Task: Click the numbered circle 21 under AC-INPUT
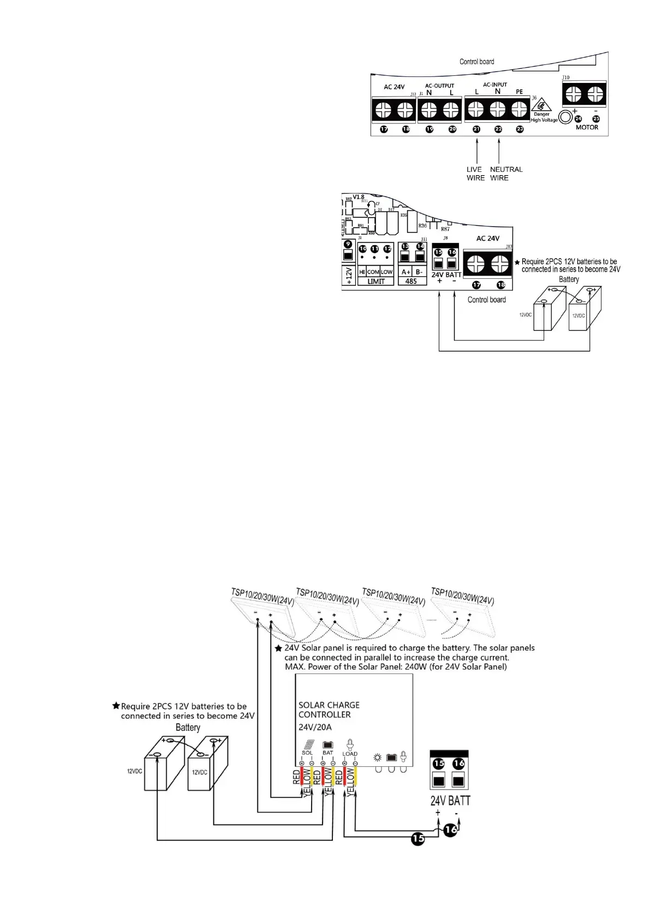[x=476, y=129]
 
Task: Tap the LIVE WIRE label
[x=475, y=174]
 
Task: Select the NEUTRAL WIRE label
[x=506, y=174]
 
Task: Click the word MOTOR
[x=587, y=127]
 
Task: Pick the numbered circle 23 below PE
[x=520, y=129]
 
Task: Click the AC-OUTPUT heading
[x=439, y=86]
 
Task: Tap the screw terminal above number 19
[x=429, y=110]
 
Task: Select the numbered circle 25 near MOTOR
[x=596, y=118]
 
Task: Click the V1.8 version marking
[x=359, y=197]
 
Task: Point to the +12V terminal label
[x=349, y=276]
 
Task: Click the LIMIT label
[x=375, y=282]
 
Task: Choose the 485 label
[x=412, y=282]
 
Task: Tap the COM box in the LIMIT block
[x=373, y=272]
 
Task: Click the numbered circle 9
[x=348, y=244]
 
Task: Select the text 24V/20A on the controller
[x=315, y=727]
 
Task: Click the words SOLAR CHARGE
[x=329, y=705]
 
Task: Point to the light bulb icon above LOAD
[x=350, y=744]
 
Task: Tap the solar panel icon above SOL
[x=308, y=744]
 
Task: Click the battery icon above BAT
[x=327, y=744]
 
